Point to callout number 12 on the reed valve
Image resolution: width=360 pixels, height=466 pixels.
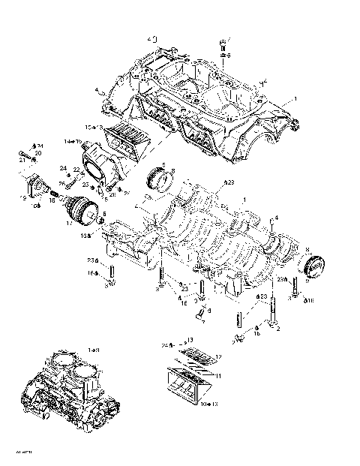218,356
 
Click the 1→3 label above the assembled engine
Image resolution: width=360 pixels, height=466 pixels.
94,350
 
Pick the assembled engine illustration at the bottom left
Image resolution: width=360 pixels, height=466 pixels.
71,390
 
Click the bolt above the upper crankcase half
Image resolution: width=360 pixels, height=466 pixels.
223,46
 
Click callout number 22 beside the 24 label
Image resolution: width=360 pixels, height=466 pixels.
76,170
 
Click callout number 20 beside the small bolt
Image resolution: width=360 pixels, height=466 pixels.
37,153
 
